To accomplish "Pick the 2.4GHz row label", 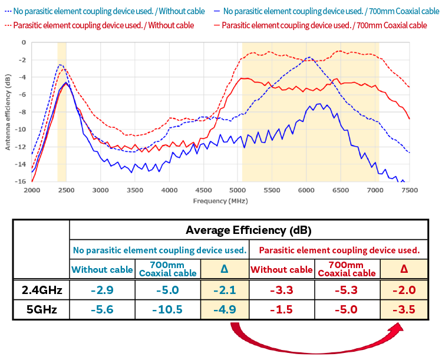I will click(41, 290).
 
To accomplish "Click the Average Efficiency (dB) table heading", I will click(248, 230).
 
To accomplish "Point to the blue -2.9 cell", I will click(102, 290).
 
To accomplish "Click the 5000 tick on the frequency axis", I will click(238, 191).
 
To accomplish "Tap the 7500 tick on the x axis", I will click(410, 191).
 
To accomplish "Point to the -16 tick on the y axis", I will click(22, 181).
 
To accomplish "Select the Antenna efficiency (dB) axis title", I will click(8, 112).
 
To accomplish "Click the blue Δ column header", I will click(225, 269).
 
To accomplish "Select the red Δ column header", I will click(404, 269).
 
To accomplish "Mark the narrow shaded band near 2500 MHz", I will click(61, 112).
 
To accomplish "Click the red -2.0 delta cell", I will click(404, 290).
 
